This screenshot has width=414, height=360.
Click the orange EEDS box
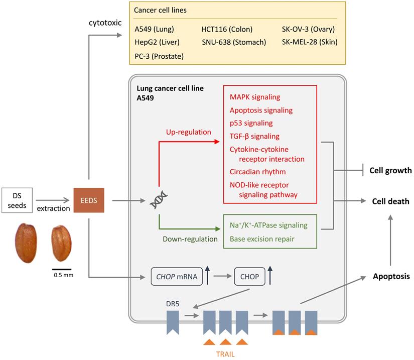coord(88,201)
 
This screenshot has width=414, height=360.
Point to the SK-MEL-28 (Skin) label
coord(310,42)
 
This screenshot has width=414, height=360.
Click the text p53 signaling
coord(251,123)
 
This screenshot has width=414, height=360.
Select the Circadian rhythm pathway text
coord(257,171)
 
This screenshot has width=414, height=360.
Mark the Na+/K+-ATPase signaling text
coord(269,225)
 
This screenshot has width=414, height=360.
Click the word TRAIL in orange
coord(225,353)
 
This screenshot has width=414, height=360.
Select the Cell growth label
coord(390,171)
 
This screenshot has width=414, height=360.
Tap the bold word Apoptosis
coord(391,276)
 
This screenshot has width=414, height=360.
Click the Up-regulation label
coord(188,132)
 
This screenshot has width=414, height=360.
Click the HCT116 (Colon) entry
coord(227,29)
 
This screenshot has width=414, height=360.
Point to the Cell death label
coord(390,201)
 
